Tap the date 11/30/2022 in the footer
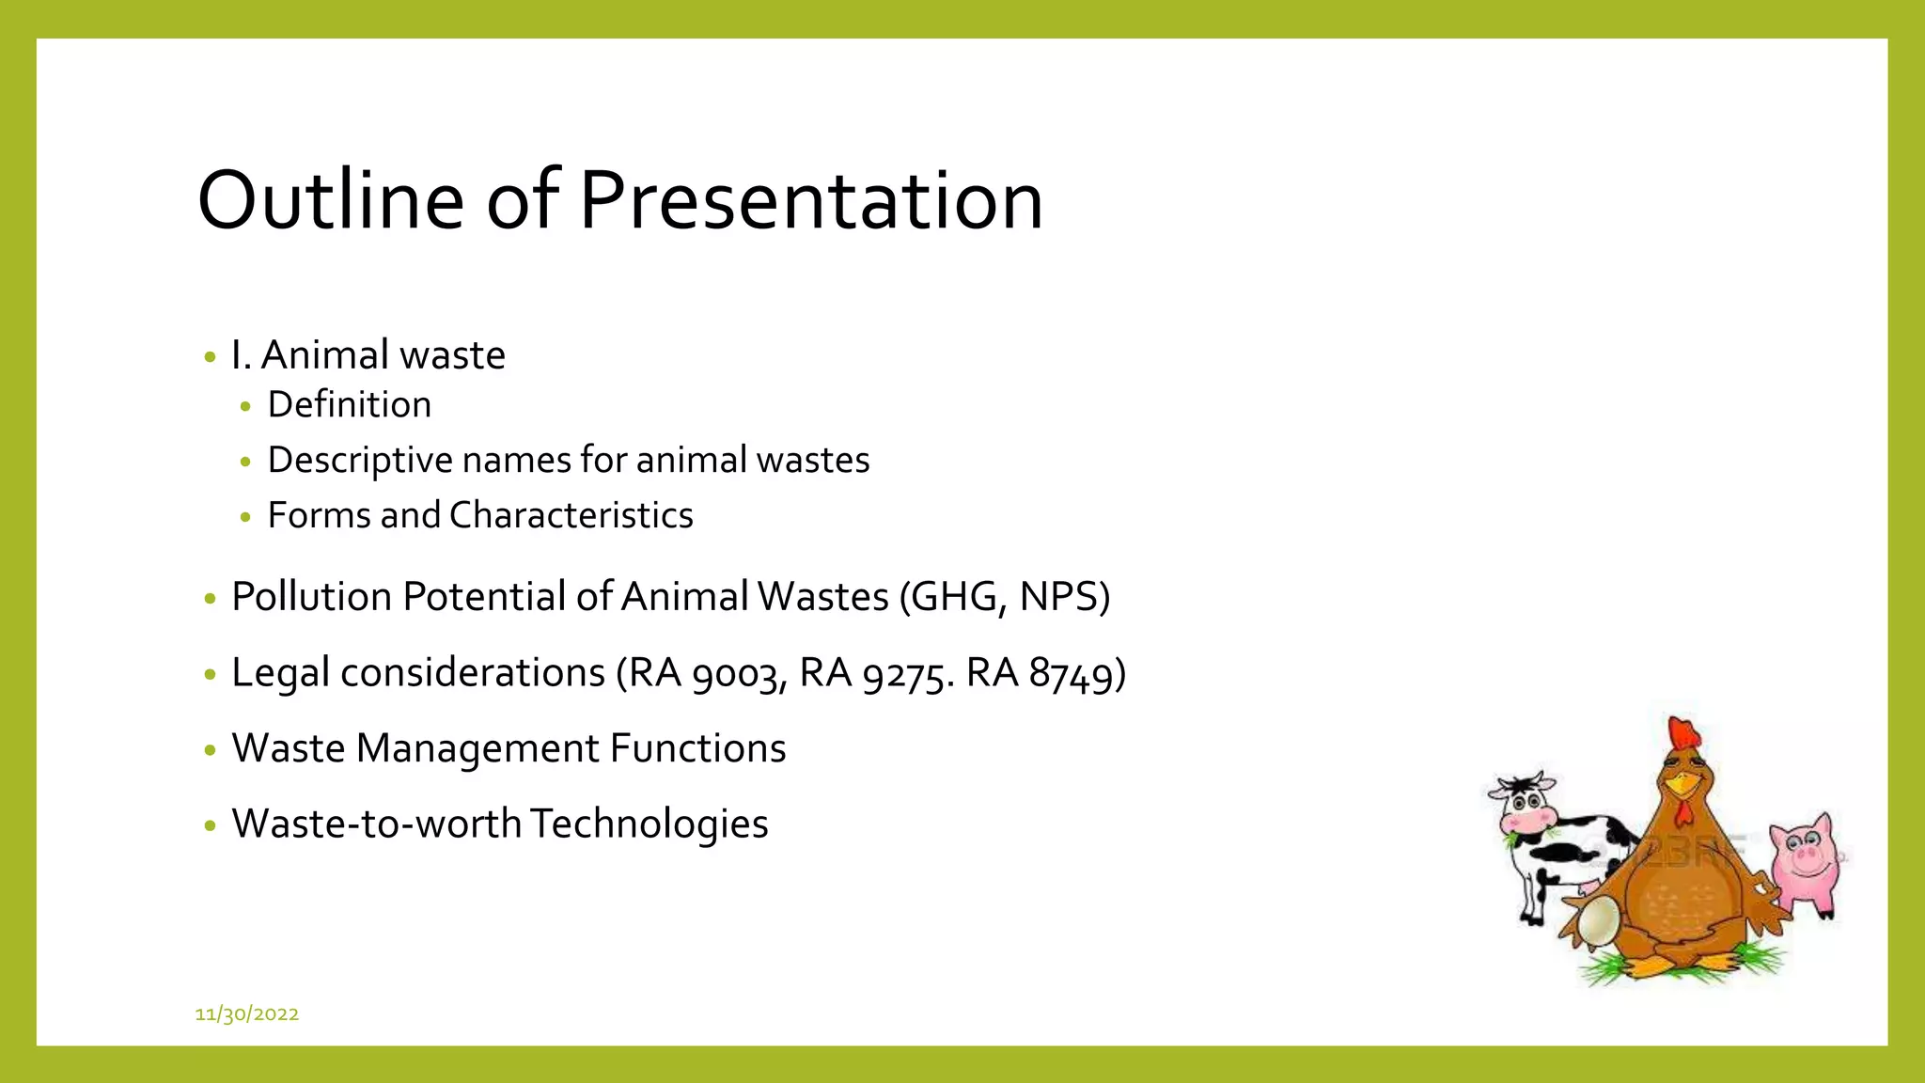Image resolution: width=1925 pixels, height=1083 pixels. [246, 1013]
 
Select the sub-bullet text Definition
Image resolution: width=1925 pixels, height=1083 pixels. [349, 405]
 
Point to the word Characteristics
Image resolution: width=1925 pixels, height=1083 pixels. [571, 515]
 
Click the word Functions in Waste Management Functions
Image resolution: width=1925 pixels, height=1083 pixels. [697, 748]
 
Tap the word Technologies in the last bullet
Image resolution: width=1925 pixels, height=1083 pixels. [649, 824]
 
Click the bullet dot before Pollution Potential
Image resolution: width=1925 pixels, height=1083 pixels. [210, 599]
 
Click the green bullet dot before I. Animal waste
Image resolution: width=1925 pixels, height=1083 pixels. [210, 357]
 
